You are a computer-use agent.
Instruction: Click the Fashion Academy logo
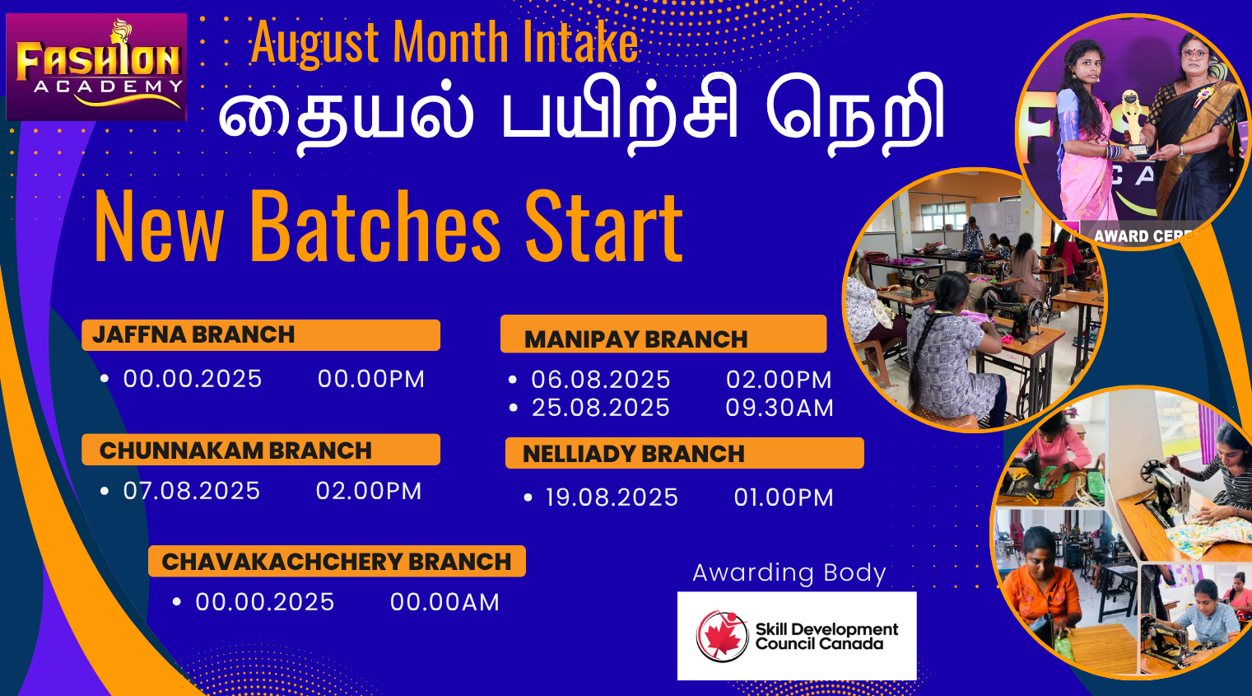point(96,67)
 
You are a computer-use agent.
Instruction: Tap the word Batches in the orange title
point(375,226)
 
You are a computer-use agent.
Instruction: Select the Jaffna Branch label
point(193,334)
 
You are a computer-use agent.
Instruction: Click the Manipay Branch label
point(635,339)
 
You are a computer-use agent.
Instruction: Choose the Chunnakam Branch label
point(235,451)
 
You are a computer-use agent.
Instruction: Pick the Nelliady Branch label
point(633,454)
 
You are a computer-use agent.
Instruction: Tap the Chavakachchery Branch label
point(337,561)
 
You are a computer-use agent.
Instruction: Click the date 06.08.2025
point(600,380)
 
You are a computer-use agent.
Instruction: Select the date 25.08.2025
point(600,408)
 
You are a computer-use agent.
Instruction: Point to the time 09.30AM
point(780,408)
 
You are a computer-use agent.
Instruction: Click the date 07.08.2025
point(192,491)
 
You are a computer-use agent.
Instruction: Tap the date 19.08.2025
point(612,497)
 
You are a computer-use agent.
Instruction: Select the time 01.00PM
point(784,497)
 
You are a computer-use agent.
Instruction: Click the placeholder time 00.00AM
point(444,602)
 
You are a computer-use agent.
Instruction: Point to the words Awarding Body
point(789,573)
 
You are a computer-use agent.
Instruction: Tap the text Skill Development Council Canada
point(826,636)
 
